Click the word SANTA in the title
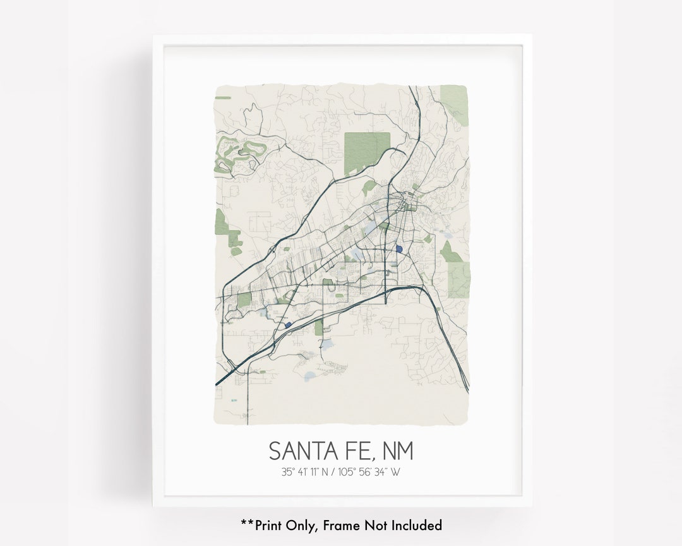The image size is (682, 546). pyautogui.click(x=300, y=451)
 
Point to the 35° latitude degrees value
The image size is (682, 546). pyautogui.click(x=288, y=471)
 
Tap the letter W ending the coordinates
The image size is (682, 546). pyautogui.click(x=395, y=471)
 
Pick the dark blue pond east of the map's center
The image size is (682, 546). pyautogui.click(x=399, y=249)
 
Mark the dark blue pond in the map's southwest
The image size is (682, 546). pyautogui.click(x=288, y=325)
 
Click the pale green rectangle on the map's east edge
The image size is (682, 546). pyautogui.click(x=459, y=279)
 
